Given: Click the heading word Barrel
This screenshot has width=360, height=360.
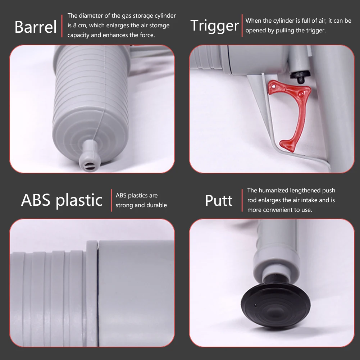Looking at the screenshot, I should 36,27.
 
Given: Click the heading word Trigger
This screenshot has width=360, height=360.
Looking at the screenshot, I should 214,26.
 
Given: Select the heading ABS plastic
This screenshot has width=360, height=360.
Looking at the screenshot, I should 62,200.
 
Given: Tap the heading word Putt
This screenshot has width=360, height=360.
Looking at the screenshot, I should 219,200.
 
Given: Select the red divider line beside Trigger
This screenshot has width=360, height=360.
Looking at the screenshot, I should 242,26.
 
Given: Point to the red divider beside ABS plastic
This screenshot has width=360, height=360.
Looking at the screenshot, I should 111,200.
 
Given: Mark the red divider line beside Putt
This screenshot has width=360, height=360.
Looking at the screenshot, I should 242,200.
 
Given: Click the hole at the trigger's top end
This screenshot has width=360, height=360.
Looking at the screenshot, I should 274,86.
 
